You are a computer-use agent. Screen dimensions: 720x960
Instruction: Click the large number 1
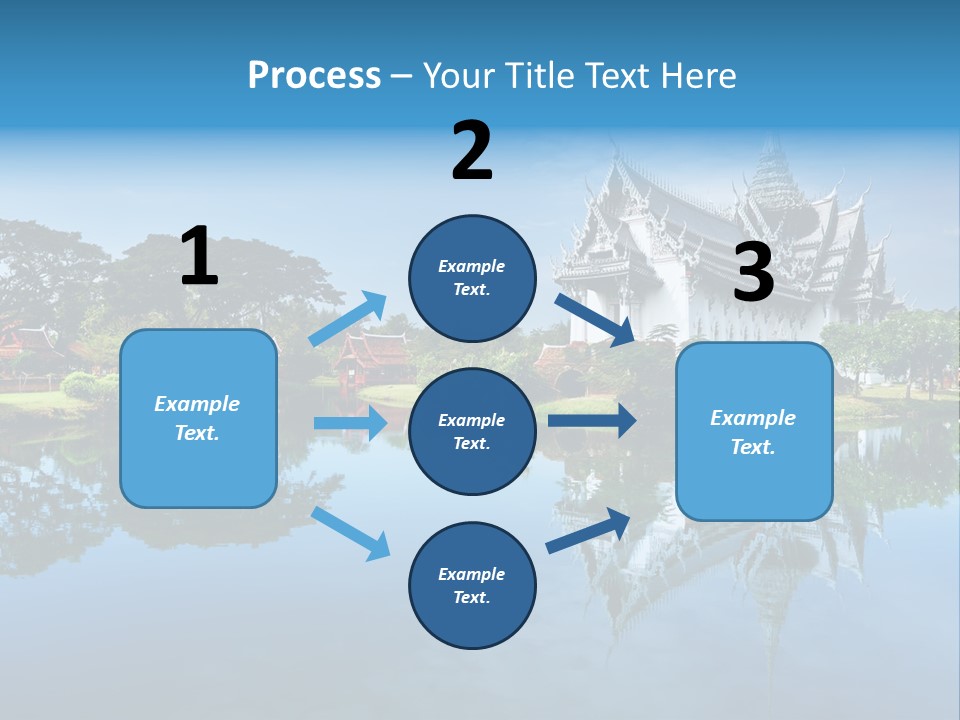pos(199,257)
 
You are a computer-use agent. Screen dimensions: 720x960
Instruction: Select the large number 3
pos(754,273)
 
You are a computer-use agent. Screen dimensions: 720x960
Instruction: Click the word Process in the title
pos(314,75)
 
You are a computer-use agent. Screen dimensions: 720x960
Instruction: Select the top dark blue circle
pos(472,278)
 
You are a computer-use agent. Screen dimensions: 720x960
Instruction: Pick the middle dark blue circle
pos(472,431)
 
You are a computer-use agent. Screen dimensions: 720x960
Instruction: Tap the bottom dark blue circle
pos(472,585)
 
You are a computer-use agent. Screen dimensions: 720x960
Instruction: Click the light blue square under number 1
pos(198,418)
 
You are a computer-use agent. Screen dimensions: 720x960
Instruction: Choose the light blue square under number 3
pos(754,431)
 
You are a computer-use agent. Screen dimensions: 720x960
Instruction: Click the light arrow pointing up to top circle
pos(349,318)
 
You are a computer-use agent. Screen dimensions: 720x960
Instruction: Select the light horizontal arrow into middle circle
pos(350,423)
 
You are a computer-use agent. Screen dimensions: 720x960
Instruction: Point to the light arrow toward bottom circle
pos(350,533)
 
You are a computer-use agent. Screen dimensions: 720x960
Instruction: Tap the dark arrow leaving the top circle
pos(595,320)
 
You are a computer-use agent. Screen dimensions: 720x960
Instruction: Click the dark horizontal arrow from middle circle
pos(592,420)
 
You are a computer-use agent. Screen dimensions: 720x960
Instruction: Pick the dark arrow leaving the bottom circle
pos(589,530)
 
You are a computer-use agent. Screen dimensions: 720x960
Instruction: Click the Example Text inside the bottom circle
pos(472,585)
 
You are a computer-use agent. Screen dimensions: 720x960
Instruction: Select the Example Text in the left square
pos(198,418)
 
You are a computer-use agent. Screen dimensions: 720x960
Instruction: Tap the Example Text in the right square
pos(753,432)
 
